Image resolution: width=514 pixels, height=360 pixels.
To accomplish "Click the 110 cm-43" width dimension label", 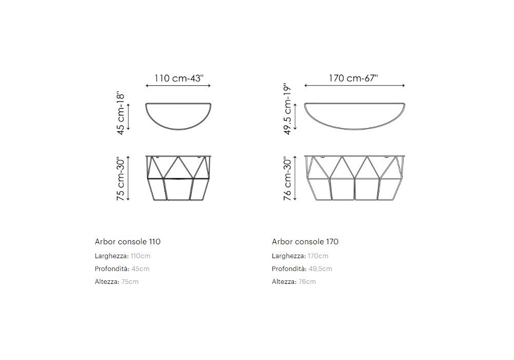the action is pos(179,78).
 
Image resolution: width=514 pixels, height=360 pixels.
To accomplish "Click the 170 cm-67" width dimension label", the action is pos(354,78).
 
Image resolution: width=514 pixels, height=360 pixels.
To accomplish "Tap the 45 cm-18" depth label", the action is pos(121,114).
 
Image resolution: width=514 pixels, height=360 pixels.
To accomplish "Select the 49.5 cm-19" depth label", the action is pos(287,109).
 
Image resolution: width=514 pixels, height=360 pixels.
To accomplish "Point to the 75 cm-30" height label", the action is pos(121,179).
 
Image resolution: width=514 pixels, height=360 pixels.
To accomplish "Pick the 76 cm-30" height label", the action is pos(287,179).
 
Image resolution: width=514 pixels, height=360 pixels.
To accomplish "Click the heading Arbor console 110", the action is pos(127,242).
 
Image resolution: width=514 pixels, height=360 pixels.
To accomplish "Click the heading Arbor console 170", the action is pos(305,242).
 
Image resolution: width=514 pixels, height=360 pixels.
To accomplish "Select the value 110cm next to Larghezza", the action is pos(140,256).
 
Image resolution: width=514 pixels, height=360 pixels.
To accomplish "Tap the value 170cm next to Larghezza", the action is pos(318,256).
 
